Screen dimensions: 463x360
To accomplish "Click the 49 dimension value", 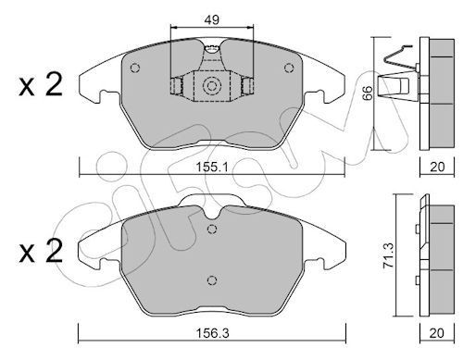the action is (212, 19).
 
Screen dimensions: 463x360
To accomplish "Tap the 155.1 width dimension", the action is (212, 168).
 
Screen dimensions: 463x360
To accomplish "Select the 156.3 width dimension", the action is (212, 333).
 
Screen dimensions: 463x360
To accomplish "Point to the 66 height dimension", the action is (368, 93).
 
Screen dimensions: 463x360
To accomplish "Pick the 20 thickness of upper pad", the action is (437, 167).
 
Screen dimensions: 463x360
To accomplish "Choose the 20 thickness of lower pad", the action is (437, 333).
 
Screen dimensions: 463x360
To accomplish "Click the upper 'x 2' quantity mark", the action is (41, 84).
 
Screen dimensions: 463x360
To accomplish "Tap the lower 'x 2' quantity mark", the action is (41, 251).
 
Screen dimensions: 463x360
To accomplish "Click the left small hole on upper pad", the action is (135, 68).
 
